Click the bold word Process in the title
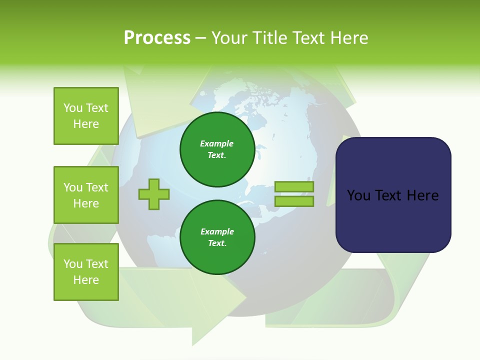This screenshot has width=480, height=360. tap(157, 38)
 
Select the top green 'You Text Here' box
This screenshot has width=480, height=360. tap(86, 116)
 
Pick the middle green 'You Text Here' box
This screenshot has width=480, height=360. tap(86, 195)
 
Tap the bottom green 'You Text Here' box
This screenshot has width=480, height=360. tap(86, 272)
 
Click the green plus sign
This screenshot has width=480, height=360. tap(154, 194)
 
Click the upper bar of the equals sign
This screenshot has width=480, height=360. tap(294, 187)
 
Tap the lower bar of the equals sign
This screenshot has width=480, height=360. tap(294, 201)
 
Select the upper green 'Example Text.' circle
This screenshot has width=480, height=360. tap(217, 149)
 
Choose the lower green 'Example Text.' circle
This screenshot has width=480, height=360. tap(217, 237)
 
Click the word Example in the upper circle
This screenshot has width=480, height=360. tap(217, 144)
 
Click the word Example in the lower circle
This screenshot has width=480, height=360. tap(217, 232)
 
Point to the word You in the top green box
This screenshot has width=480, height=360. tap(73, 108)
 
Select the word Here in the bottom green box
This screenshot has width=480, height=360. tap(86, 280)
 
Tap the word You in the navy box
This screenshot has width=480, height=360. tap(358, 195)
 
